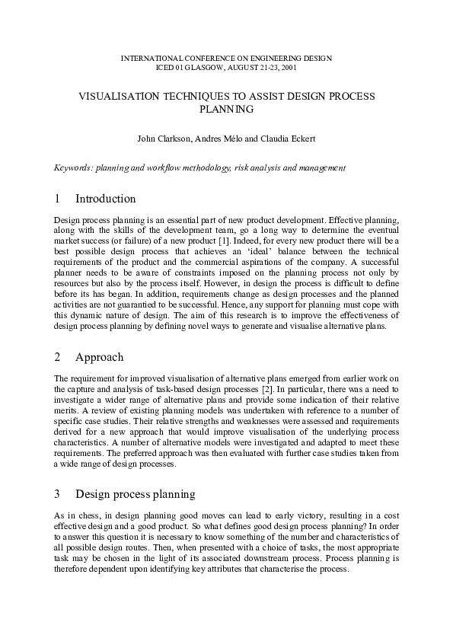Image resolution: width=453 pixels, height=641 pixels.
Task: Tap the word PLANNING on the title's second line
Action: coord(226,109)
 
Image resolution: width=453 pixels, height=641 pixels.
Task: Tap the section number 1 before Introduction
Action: coord(58,199)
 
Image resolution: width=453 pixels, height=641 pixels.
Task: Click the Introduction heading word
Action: coord(105,199)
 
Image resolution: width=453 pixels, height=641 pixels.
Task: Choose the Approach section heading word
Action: coord(100,357)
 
